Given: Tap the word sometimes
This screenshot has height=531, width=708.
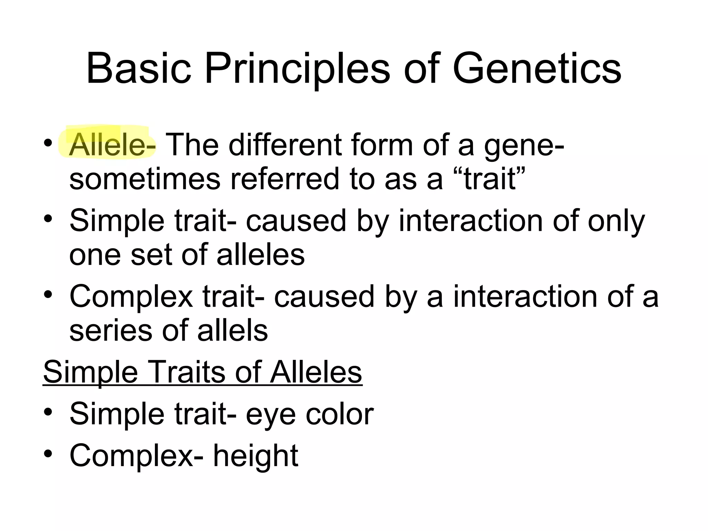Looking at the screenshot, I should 145,179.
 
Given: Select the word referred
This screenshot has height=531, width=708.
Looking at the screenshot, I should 285,179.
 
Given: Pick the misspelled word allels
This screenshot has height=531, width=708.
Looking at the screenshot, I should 232,330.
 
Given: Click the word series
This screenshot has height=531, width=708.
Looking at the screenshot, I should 111,330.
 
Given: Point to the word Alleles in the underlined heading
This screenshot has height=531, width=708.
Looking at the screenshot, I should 316,372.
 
